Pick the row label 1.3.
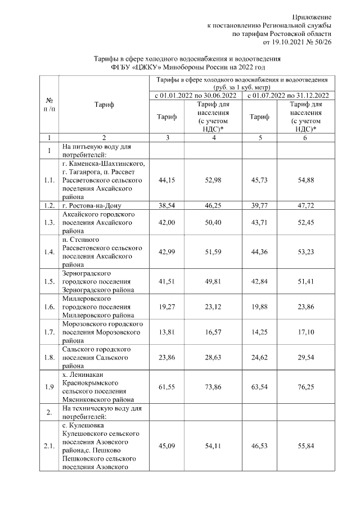coord(49,223)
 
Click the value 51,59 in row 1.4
coord(211,251)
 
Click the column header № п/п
coord(49,105)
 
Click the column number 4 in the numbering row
coord(211,138)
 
